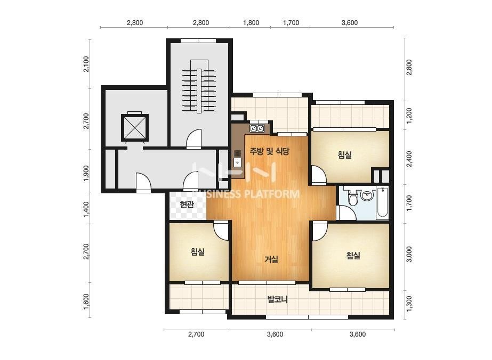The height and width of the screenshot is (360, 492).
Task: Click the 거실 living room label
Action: [x=271, y=259]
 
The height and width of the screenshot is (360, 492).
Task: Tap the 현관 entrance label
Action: [x=187, y=205]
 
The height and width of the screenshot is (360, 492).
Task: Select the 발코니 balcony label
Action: [x=277, y=299]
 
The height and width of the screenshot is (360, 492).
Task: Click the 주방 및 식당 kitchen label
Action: [x=269, y=152]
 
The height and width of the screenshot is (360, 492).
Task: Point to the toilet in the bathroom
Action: [x=353, y=197]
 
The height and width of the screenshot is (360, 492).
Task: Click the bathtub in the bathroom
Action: [x=382, y=202]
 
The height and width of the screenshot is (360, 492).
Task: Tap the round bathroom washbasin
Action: [x=367, y=195]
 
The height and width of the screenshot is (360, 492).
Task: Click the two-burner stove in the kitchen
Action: [x=257, y=128]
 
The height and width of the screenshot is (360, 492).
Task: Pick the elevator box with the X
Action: [x=135, y=128]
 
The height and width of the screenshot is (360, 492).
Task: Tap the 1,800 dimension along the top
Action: [x=251, y=23]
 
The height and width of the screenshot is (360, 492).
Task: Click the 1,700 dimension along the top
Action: [x=291, y=23]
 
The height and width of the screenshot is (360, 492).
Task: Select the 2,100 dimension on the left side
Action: [x=86, y=64]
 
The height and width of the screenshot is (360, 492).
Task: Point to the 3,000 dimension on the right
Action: [x=409, y=255]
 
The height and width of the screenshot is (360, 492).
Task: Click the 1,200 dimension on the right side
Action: [x=409, y=116]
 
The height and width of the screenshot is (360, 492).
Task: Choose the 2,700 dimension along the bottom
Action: [x=196, y=334]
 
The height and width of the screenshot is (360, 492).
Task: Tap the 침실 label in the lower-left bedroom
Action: [x=198, y=252]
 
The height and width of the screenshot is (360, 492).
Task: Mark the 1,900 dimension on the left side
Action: [x=86, y=173]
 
